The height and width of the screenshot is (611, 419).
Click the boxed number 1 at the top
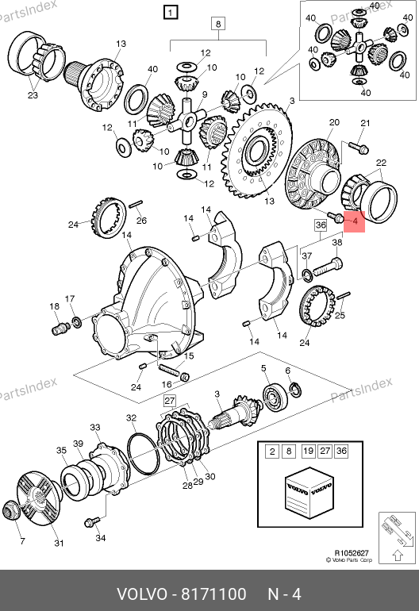click(171, 13)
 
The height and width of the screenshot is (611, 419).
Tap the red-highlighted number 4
click(355, 221)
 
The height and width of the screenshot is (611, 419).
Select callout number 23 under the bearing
click(33, 95)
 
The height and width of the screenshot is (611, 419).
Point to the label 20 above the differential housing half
click(334, 122)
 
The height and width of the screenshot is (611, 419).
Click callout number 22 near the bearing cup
click(381, 163)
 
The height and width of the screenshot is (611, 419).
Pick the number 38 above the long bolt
click(337, 242)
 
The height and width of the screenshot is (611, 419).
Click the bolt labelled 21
click(358, 148)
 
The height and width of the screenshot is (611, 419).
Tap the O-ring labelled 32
click(143, 453)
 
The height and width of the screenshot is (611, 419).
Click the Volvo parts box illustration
click(309, 492)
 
